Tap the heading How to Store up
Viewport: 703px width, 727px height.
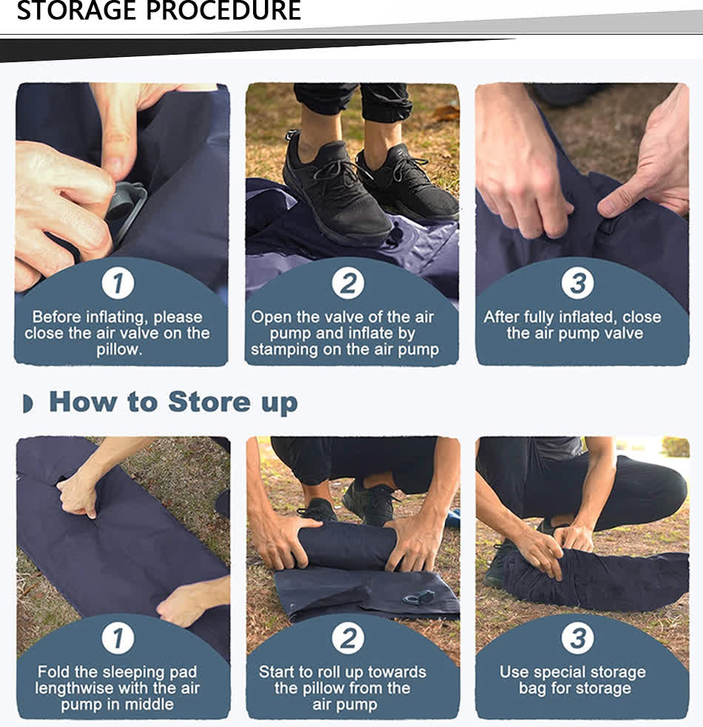coord(173,402)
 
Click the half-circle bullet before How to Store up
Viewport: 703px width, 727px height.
coord(28,403)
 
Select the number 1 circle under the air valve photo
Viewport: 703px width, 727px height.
coord(118,284)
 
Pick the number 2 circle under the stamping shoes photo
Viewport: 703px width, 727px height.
coord(348,284)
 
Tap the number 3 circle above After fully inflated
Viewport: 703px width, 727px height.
coord(577,284)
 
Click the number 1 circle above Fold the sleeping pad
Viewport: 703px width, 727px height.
coord(118,638)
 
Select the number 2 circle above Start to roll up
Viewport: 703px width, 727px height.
coord(348,638)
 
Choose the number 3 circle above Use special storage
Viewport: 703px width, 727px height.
coord(577,638)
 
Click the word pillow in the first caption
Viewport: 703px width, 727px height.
coord(118,349)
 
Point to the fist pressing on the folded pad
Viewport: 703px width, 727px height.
coord(78,492)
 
